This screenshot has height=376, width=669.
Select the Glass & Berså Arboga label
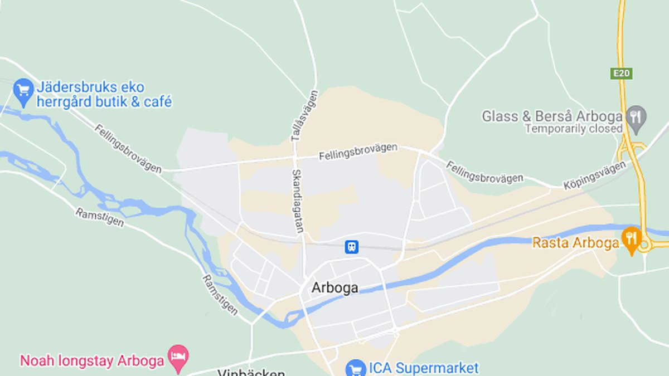click(x=552, y=116)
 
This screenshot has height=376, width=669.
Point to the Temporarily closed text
click(x=574, y=129)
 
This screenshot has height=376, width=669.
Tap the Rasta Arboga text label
click(x=575, y=243)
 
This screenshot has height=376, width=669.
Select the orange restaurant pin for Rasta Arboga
click(x=631, y=240)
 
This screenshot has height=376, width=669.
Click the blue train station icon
click(x=351, y=247)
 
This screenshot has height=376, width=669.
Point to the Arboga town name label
click(x=334, y=288)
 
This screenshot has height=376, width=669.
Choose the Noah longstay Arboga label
click(x=92, y=360)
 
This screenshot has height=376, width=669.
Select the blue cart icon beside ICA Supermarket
click(x=355, y=368)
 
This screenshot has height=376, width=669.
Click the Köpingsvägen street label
click(x=594, y=175)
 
